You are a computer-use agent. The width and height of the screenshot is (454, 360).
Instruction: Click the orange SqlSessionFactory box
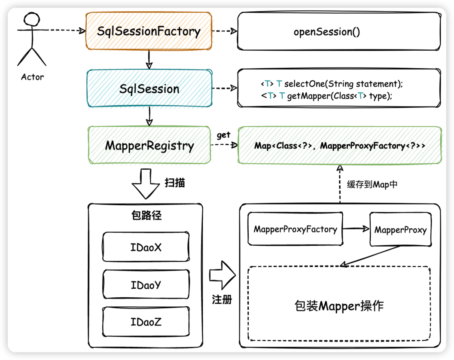coord(149,31)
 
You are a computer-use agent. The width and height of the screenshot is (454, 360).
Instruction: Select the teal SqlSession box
coord(149,88)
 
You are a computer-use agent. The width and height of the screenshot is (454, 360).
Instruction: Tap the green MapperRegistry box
coord(149,145)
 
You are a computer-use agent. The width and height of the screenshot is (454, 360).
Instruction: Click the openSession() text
coord(327,32)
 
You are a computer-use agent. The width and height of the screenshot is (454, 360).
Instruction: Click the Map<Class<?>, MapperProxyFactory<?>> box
coord(339,146)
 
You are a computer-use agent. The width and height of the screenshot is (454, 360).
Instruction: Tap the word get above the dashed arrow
coord(223,135)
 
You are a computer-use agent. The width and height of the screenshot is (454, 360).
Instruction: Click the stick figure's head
coord(32,19)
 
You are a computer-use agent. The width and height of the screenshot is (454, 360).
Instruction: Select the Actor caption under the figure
coord(32,77)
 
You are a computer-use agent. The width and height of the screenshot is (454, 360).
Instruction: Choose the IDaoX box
coord(146,247)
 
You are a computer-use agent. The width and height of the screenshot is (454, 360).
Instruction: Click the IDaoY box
coord(146,284)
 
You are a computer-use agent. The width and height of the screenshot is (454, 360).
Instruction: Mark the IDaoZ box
coord(146,321)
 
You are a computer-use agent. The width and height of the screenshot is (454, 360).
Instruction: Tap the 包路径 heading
coord(146,216)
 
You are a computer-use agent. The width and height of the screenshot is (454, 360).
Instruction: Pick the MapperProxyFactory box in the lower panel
coord(296,229)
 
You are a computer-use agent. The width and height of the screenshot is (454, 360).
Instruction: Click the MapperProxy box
coord(400,230)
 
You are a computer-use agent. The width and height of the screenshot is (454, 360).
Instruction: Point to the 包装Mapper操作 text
coord(339,306)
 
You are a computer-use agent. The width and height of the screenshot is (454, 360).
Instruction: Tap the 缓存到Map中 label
coord(369,185)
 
